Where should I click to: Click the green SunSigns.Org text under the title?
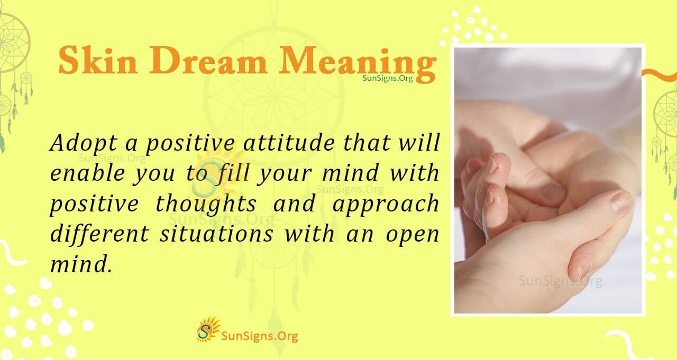click(387, 78)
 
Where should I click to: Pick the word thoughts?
click(206, 204)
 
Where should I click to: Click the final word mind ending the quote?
click(81, 264)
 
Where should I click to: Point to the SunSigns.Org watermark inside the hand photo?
click(560, 281)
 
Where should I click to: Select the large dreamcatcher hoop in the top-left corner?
click(12, 42)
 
